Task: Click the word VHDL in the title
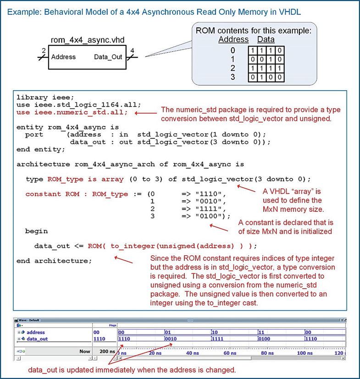[x=289, y=11]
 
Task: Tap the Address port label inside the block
[x=63, y=57]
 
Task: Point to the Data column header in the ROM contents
[x=266, y=39]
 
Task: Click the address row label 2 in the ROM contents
[x=233, y=68]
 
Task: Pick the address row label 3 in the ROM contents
[x=233, y=77]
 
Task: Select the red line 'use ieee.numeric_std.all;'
[x=72, y=112]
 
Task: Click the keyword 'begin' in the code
[x=36, y=231]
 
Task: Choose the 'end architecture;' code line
[x=54, y=261]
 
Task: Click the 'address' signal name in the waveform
[x=36, y=332]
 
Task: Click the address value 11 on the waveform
[x=261, y=332]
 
